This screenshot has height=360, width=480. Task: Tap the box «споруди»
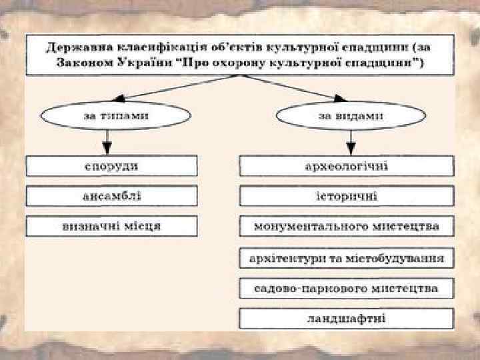112,165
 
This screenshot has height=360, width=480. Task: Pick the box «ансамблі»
112,196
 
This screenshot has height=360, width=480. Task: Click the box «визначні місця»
112,226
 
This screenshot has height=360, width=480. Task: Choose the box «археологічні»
347,165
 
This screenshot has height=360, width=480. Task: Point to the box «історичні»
347,196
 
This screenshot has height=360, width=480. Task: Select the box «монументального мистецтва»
347,226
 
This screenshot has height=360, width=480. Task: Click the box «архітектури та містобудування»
347,257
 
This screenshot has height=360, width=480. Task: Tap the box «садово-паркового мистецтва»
347,288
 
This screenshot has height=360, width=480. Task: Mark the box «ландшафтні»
347,318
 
